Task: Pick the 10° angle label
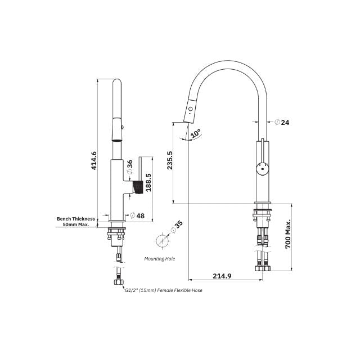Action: click(x=195, y=134)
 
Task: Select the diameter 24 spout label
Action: click(x=284, y=121)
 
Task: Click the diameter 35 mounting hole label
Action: click(x=178, y=227)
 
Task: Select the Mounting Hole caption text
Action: click(x=160, y=259)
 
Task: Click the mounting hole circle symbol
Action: click(x=162, y=240)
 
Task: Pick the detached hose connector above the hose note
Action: click(x=119, y=277)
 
